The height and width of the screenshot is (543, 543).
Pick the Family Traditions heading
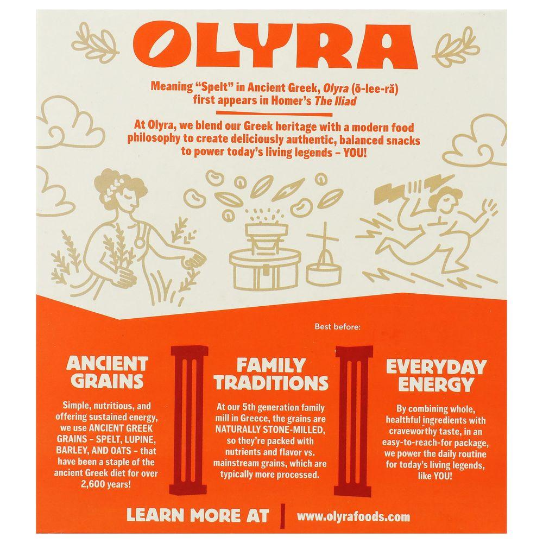(270, 374)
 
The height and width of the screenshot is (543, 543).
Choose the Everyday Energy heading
(436, 376)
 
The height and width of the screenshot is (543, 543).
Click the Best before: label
(338, 326)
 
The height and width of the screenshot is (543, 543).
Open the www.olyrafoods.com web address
(353, 517)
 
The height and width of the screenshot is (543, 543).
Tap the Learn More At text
(198, 516)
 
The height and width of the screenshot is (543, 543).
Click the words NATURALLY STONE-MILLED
(270, 430)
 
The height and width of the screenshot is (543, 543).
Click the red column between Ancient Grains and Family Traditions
(189, 420)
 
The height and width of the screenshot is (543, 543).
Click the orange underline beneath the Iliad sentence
(274, 113)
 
